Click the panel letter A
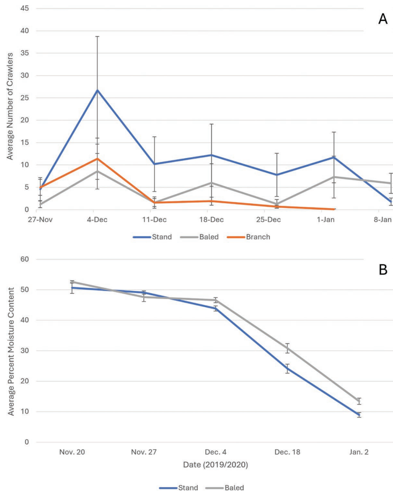coord(382,19)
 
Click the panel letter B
coord(383,270)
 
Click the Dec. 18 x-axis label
coord(287,453)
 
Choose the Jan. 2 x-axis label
coord(359,453)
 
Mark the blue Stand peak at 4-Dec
coord(97,90)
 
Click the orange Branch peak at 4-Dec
coord(97,158)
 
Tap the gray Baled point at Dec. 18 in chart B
coord(287,348)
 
